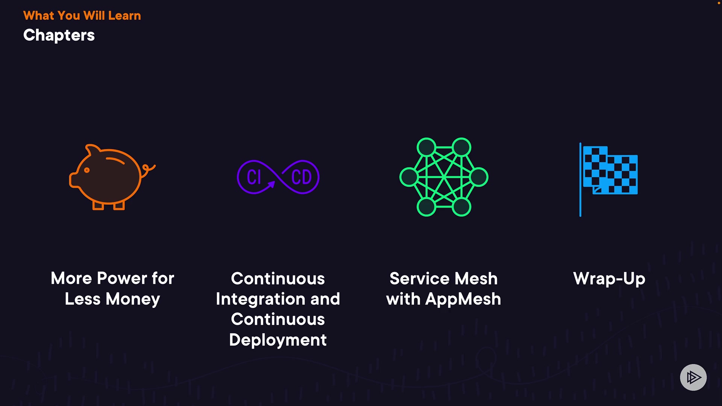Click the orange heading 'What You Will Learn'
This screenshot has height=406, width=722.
82,16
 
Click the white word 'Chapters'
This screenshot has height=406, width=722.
59,35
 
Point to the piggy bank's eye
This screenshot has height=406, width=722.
87,170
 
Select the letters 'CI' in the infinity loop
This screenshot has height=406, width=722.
254,177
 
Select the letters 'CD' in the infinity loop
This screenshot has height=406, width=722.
302,177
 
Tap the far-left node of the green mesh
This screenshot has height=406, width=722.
409,177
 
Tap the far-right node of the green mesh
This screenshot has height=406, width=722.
479,177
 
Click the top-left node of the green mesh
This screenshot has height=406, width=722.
426,147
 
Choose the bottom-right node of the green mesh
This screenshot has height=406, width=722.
461,207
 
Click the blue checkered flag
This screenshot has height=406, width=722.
610,170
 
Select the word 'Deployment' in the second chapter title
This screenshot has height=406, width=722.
278,340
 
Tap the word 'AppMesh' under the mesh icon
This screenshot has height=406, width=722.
463,300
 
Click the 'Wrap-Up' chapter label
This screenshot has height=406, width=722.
609,279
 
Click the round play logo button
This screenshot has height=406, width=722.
693,377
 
